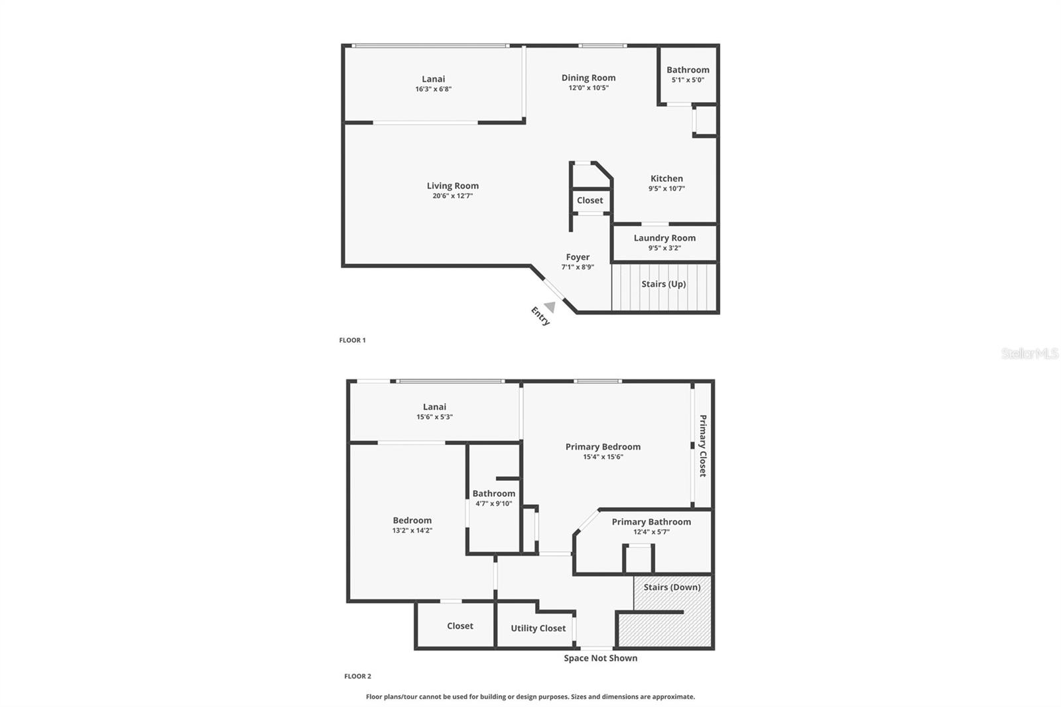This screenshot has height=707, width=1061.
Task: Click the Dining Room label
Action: [x=588, y=78]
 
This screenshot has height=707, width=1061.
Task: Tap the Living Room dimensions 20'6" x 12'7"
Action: [x=452, y=196]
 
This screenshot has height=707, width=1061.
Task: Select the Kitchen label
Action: [x=666, y=178]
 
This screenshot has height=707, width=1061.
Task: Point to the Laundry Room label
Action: [x=664, y=238]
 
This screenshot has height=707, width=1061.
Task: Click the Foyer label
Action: [x=578, y=257]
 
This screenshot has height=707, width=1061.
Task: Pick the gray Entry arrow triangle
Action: [x=550, y=306]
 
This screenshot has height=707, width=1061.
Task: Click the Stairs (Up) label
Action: [x=664, y=284]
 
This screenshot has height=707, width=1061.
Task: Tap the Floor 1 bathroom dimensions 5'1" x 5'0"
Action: [x=688, y=80]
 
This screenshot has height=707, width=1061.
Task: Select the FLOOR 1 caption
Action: [x=352, y=340]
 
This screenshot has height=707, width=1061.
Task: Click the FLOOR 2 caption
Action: [x=357, y=676]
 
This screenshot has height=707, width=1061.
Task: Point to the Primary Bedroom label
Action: [x=603, y=447]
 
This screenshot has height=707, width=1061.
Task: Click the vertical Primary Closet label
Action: [x=703, y=446]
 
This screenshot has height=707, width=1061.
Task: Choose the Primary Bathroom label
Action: [x=651, y=522]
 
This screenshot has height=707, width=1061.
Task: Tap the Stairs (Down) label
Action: [x=672, y=587]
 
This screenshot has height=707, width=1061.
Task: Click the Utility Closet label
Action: [x=538, y=628]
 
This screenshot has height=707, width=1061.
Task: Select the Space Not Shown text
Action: [x=601, y=658]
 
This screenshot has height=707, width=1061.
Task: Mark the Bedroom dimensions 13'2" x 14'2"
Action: [x=412, y=531]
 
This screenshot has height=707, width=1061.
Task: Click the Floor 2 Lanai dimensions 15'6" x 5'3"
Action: [x=434, y=417]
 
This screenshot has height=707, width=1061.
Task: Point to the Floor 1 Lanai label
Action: [x=434, y=79]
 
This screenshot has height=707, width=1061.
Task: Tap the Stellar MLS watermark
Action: [x=1030, y=353]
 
